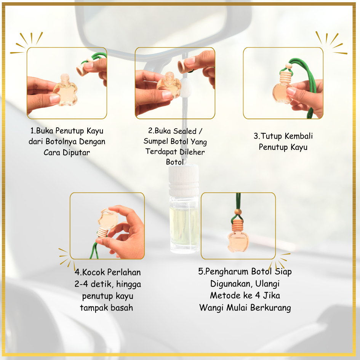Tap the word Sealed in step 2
(185, 131)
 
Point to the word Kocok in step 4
(93, 272)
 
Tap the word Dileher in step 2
(192, 152)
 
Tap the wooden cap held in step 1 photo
(81, 69)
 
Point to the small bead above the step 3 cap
(288, 66)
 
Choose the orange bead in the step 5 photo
(238, 212)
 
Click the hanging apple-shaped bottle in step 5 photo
(238, 242)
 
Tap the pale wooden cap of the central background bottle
(184, 180)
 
